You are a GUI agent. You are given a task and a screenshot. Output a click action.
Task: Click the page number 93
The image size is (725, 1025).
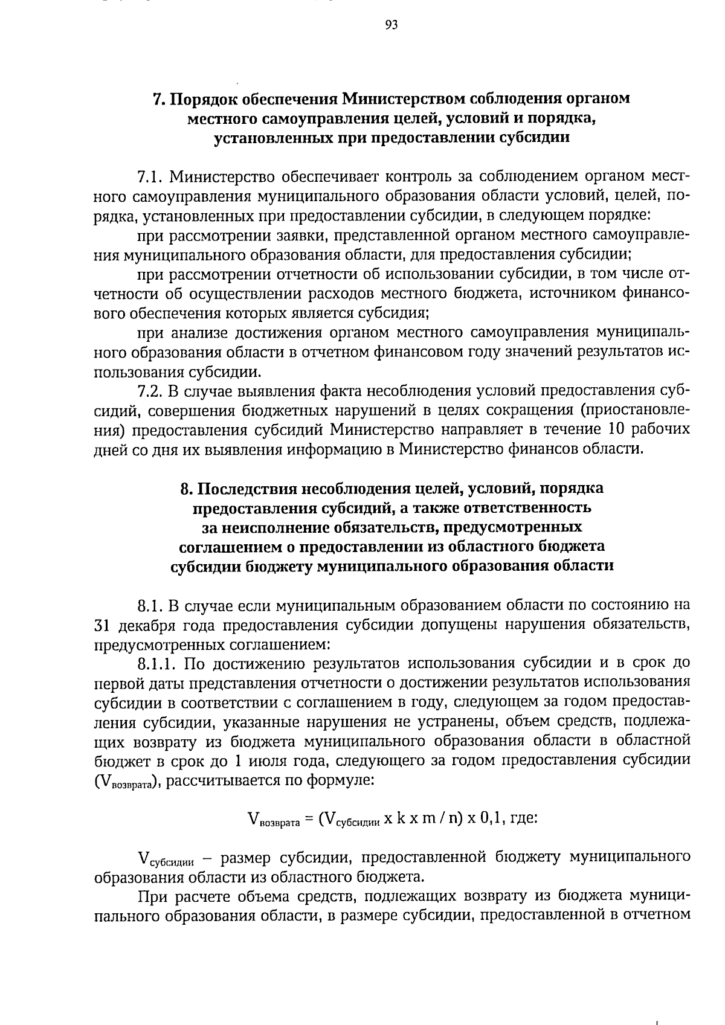point(391,25)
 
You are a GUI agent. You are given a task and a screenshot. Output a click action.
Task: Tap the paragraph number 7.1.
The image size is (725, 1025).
point(150,177)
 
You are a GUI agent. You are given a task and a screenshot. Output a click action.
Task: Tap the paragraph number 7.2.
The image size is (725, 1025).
point(150,391)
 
